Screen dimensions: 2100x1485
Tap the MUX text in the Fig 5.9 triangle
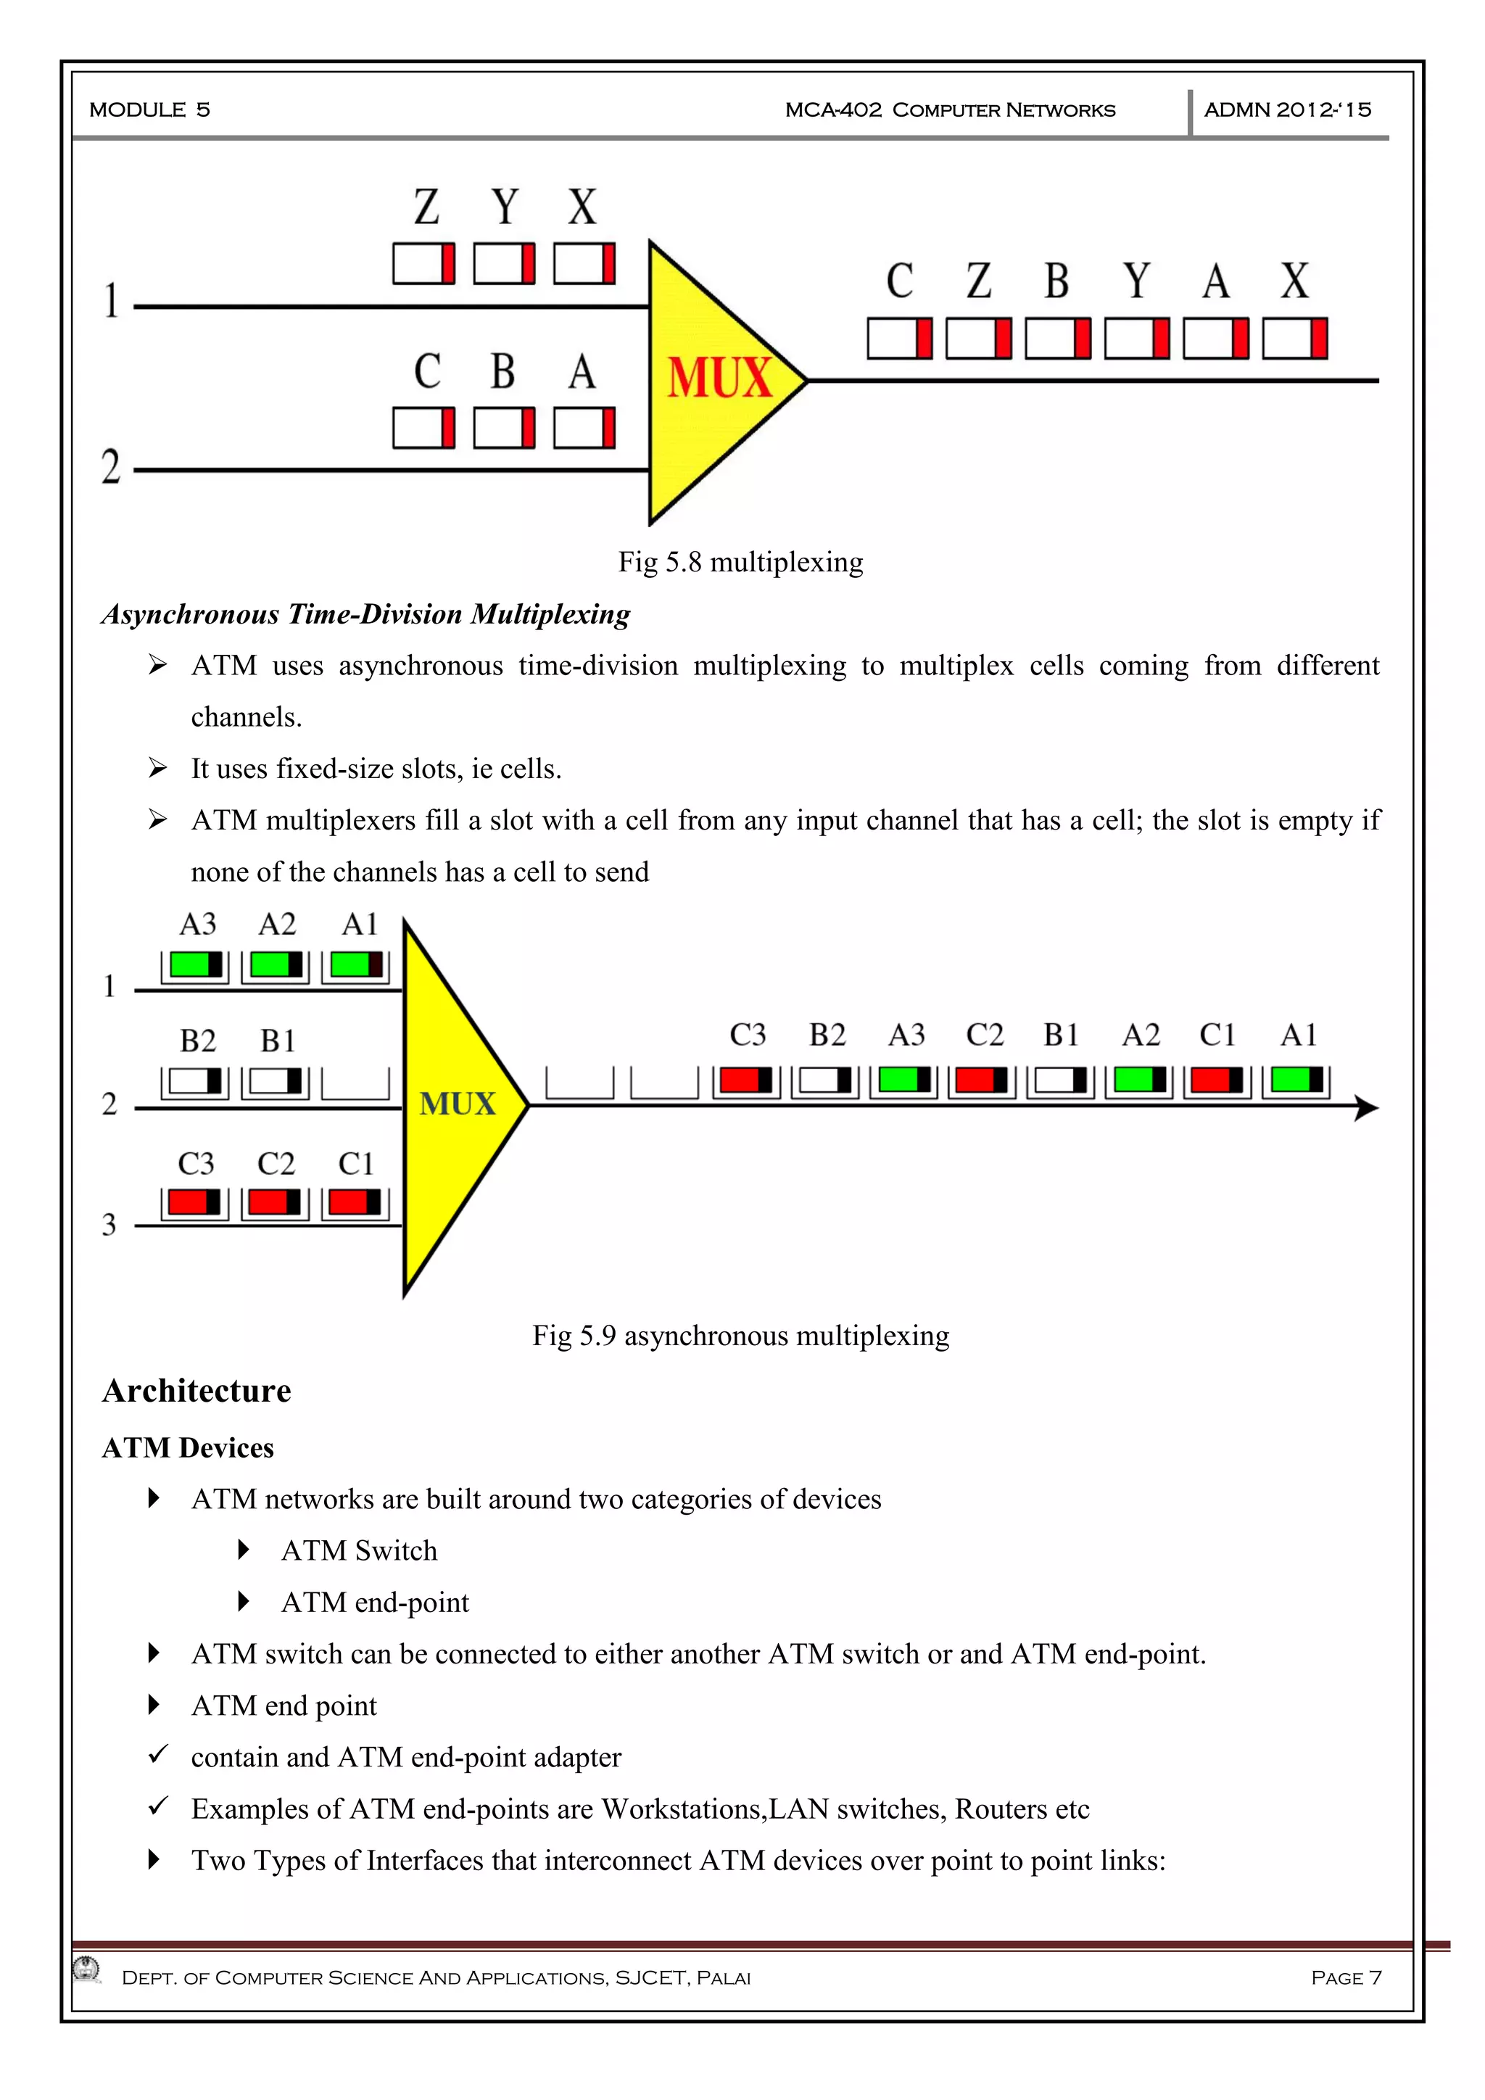click(x=458, y=1103)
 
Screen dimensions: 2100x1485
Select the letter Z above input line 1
click(x=426, y=207)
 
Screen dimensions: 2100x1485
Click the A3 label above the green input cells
click(x=197, y=924)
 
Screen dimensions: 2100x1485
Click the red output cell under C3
click(x=745, y=1080)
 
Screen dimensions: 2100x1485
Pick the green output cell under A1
click(x=1296, y=1080)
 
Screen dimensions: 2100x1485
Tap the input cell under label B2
click(x=196, y=1081)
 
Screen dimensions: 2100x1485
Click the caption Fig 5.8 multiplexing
click(x=740, y=561)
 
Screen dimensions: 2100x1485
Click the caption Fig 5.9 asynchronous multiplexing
click(x=740, y=1336)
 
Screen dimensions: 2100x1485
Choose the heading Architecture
click(x=197, y=1390)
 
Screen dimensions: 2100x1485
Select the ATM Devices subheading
click(x=188, y=1448)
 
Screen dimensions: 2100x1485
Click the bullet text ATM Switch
click(x=360, y=1550)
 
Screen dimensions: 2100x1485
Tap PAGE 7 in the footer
click(x=1346, y=1977)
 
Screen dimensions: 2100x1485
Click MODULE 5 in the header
click(x=150, y=109)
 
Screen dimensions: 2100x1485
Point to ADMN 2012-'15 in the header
click(x=1288, y=109)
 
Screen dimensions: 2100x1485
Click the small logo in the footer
click(x=87, y=1968)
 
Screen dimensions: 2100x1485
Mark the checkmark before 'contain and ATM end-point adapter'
click(x=158, y=1753)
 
